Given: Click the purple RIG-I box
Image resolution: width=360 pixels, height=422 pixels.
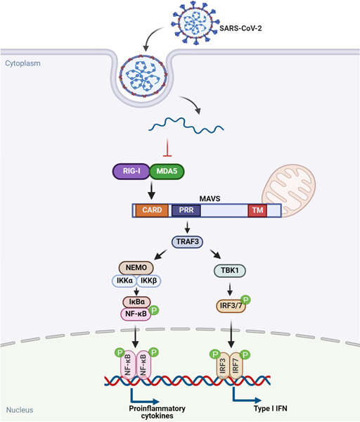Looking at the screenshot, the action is [131, 171].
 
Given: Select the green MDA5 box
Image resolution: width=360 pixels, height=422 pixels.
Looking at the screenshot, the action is [167, 171].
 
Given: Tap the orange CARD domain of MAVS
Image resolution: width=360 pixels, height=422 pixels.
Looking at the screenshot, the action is [152, 210].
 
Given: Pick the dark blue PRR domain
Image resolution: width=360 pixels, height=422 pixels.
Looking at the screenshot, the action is [186, 210].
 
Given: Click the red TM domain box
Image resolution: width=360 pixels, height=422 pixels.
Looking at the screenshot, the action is [257, 210].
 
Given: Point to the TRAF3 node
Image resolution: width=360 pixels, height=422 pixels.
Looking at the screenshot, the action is [188, 241].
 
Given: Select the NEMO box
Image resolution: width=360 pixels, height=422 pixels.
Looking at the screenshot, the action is [136, 267].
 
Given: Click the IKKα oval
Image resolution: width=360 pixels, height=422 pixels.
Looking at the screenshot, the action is [124, 281].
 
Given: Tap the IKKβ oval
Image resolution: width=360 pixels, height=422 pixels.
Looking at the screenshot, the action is [149, 281].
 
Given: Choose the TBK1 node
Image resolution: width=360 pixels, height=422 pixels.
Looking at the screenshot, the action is [229, 271].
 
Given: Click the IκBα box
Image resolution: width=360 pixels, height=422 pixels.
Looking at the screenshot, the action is [136, 302].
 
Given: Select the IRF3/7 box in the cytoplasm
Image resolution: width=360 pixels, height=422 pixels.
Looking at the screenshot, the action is [231, 306].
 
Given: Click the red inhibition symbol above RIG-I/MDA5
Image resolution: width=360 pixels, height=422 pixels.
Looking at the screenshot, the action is [167, 148].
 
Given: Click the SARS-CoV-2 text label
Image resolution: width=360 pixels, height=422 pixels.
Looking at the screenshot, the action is [240, 28].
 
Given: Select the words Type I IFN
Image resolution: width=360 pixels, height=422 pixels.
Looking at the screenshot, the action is [271, 409].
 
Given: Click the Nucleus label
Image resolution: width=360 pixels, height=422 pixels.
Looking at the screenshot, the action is [20, 410].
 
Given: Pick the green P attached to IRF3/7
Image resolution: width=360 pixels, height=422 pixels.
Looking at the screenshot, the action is [245, 300].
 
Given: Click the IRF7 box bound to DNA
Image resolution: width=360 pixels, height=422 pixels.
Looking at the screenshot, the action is [236, 366].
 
